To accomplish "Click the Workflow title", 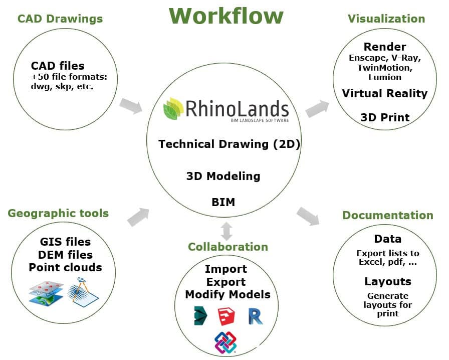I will coord(226,16).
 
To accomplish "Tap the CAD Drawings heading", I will coord(60,19).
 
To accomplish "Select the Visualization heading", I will coord(386,19).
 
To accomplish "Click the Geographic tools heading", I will coord(58,213).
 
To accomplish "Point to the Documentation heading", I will coord(388,215).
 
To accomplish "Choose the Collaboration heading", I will coord(228,247).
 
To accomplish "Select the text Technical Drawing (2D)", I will coord(229,144).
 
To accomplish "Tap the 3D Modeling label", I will coord(223,176).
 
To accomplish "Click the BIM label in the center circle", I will coord(223,203).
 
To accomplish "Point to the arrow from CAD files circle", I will coord(131,105).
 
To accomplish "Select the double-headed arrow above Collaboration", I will coord(227,230).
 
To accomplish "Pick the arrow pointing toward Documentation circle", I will coord(308,215).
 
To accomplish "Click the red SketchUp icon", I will coord(227,316).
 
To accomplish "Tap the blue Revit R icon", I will coord(256,316).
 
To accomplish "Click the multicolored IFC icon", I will coord(226,342).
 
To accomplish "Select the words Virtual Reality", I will coord(385,93).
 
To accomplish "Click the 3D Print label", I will coord(385,117).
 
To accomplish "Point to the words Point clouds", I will coord(65,267).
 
